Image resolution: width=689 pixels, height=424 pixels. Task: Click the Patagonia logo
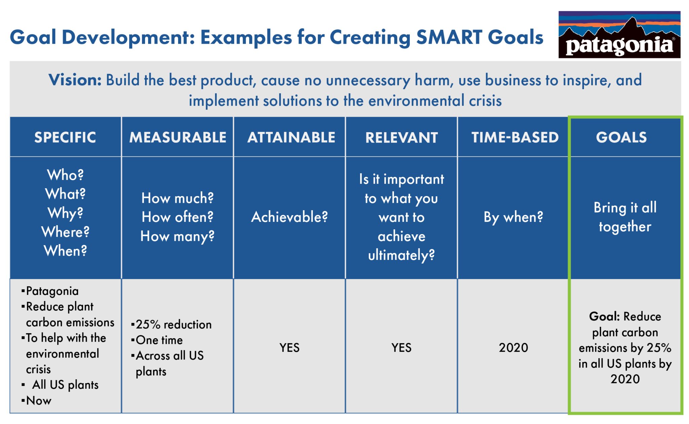coord(619,35)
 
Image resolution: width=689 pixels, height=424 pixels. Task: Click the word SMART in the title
coord(449,37)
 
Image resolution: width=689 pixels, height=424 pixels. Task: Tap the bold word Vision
coord(75,80)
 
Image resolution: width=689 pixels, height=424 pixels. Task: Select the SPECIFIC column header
coord(65,137)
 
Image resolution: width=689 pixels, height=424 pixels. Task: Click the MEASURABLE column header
coord(178,137)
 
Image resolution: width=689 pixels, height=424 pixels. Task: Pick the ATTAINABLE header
coord(291,137)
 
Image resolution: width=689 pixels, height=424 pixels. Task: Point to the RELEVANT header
coord(401,138)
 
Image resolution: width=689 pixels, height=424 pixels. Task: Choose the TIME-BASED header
coord(515,137)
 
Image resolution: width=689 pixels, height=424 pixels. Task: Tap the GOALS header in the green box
coord(621,137)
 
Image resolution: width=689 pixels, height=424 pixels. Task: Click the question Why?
coord(65,213)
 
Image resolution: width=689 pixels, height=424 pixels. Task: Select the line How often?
coord(177,217)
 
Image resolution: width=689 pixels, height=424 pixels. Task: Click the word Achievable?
coord(289,217)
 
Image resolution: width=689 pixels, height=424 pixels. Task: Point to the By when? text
coord(513,217)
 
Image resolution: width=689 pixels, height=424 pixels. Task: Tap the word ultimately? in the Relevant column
coord(401,255)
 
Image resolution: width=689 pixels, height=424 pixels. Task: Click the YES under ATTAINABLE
coord(289,348)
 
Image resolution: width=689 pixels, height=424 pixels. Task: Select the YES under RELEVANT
coord(401,348)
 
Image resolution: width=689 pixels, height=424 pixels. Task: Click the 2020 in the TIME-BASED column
coord(513,348)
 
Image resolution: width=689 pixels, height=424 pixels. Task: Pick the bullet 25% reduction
coord(173,324)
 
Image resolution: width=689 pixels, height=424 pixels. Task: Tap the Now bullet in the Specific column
coord(38,400)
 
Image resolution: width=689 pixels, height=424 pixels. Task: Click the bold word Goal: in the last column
coord(604,316)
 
